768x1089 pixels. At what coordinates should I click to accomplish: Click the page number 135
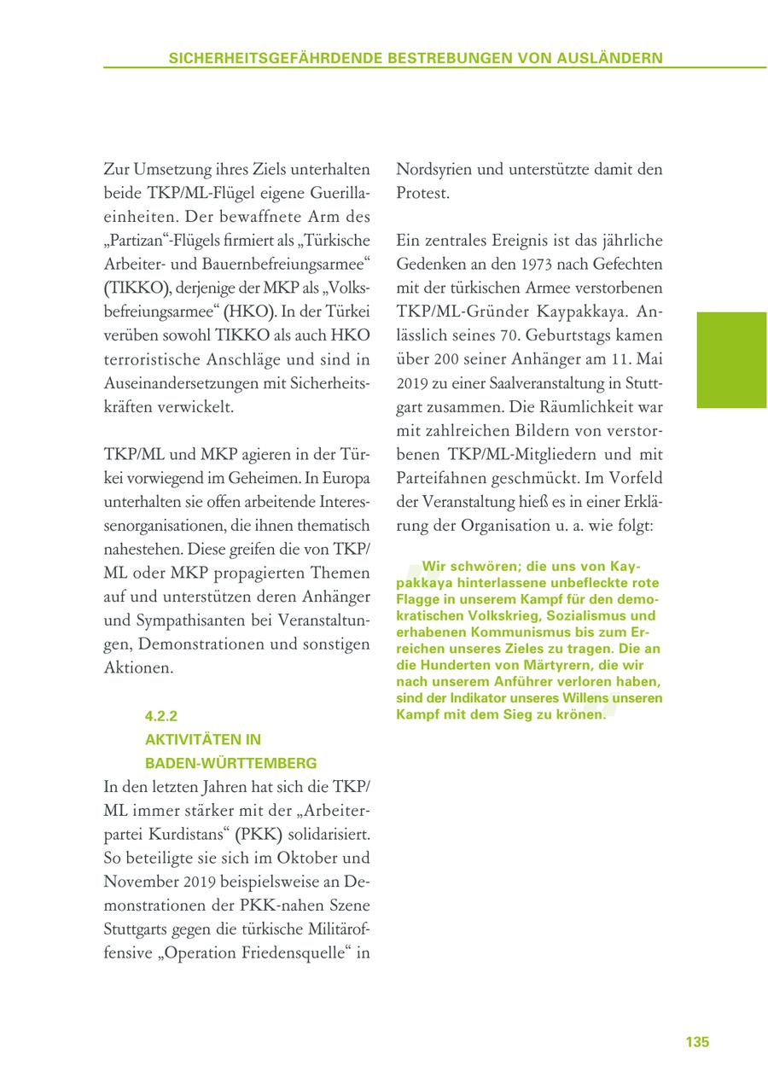pos(697,1042)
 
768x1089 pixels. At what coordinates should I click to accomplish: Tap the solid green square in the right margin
pos(731,360)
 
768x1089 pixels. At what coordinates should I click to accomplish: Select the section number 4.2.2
pos(160,716)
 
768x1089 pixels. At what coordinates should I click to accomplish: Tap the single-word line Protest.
pos(422,193)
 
